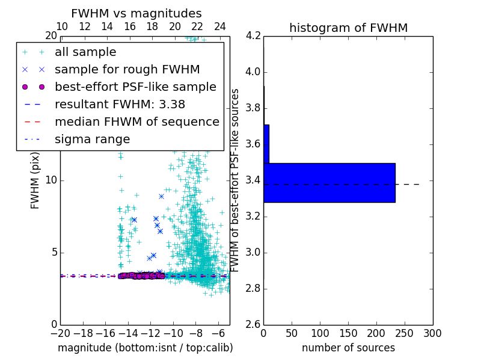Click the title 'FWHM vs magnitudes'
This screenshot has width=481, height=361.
coord(136,14)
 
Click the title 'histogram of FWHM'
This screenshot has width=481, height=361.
coord(349,28)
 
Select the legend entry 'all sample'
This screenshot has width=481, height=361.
coord(85,52)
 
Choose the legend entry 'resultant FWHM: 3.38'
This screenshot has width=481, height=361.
coord(120,104)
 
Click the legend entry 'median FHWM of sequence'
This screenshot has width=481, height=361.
coord(136,122)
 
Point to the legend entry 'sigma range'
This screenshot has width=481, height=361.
coord(92,139)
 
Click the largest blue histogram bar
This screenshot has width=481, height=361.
coord(329,182)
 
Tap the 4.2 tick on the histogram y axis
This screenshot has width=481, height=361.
coord(253,36)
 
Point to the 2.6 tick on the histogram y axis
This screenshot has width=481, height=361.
coord(253,325)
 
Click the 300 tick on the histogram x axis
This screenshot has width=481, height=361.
coord(432,333)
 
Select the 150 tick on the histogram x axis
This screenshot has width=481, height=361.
coord(348,333)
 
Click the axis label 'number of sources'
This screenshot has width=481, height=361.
coord(348,348)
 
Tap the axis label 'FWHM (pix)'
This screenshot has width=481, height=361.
coord(35,180)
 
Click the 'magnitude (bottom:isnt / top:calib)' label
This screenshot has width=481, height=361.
coord(145,348)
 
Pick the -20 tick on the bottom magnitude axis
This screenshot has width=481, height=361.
coord(60,333)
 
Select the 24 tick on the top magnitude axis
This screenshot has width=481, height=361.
coord(220,27)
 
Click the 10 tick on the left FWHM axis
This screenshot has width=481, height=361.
coord(51,180)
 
